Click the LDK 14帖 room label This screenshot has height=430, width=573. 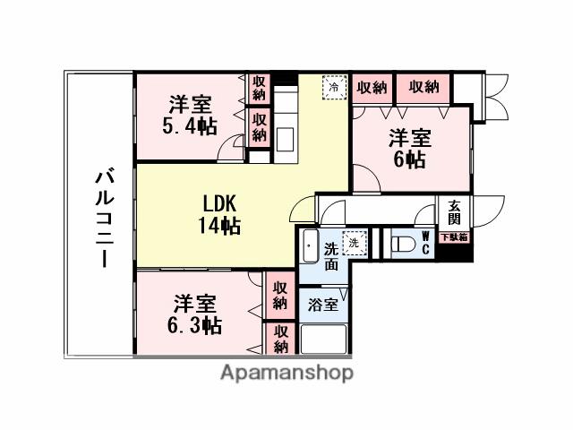[x=219, y=212]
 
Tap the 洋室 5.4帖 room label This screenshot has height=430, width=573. [x=190, y=115]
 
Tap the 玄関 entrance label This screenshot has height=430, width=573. [x=454, y=213]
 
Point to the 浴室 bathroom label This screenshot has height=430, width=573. [x=323, y=305]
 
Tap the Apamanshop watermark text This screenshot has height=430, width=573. [x=286, y=372]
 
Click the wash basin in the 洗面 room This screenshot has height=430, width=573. [x=309, y=244]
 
